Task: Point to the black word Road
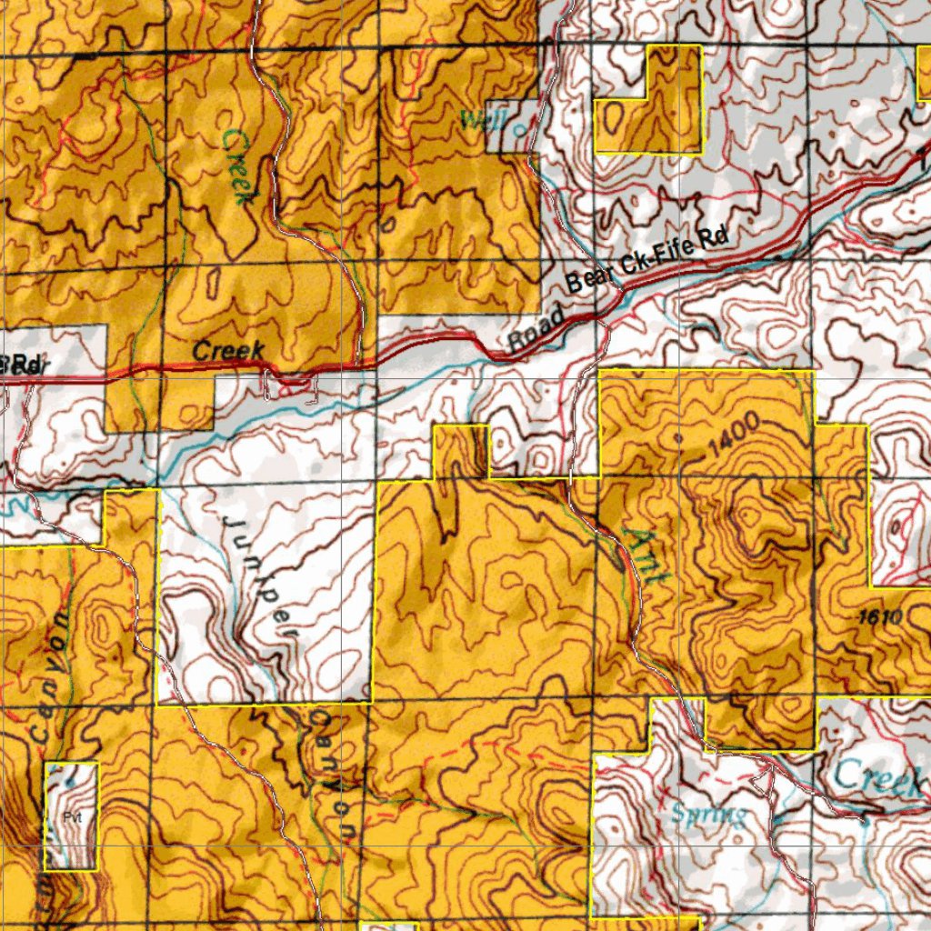point(536,329)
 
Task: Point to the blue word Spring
point(708,814)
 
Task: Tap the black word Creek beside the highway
point(228,350)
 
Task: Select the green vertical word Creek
point(236,166)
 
